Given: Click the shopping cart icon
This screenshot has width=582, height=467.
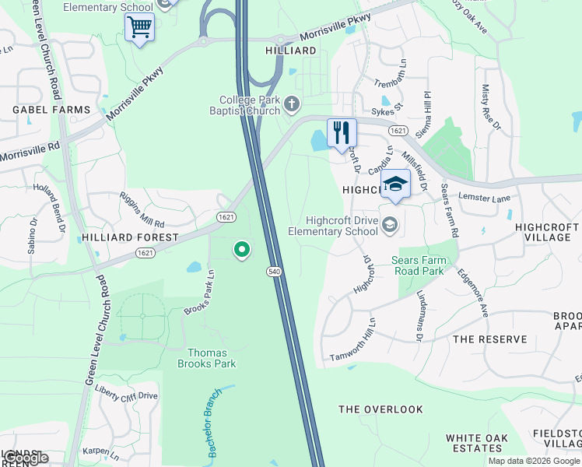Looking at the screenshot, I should pos(139,28).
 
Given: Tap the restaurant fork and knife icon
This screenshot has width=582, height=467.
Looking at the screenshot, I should pos(342,133).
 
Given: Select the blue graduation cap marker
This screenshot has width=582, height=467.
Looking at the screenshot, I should pos(395,185).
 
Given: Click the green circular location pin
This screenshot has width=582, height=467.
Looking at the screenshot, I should pos(242,250).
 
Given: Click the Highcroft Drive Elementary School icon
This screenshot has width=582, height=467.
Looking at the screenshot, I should pos(390,225).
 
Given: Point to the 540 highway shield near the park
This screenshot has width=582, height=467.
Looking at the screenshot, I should pos(273,271).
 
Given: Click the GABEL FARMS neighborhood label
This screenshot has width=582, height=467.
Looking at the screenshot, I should pos(51,111).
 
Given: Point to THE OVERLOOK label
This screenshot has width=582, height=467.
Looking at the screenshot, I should pos(380,409).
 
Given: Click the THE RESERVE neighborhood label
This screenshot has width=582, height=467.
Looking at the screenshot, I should pos(490,339).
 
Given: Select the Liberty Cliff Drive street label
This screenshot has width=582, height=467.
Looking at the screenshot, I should pos(126,396).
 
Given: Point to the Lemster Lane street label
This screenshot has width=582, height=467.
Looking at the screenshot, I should pos(484,198).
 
